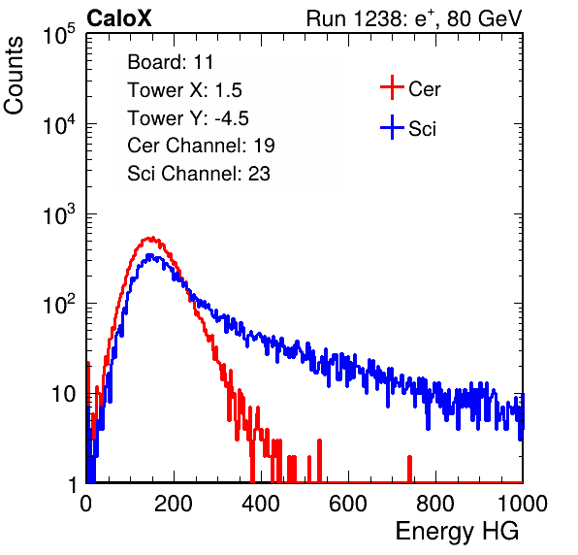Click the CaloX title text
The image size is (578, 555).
pyautogui.click(x=118, y=18)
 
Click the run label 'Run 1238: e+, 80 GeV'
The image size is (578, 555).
pyautogui.click(x=414, y=18)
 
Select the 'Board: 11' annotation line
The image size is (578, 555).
pyautogui.click(x=171, y=62)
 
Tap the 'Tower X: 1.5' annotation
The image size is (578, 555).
pyautogui.click(x=184, y=90)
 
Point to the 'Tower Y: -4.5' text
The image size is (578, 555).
pyautogui.click(x=188, y=118)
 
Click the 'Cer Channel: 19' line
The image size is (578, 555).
pyautogui.click(x=201, y=146)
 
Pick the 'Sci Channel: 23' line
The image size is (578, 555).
pyautogui.click(x=199, y=174)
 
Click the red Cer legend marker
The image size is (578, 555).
pyautogui.click(x=392, y=87)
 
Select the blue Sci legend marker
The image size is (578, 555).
pyautogui.click(x=392, y=128)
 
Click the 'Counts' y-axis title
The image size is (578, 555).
pyautogui.click(x=14, y=76)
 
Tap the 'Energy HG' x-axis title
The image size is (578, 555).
pyautogui.click(x=457, y=532)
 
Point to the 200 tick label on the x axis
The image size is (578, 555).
pyautogui.click(x=174, y=504)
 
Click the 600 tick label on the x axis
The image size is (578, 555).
pyautogui.click(x=348, y=504)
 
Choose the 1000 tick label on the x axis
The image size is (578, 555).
pyautogui.click(x=523, y=504)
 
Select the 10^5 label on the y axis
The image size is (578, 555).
pyautogui.click(x=59, y=35)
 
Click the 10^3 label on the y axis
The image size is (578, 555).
pyautogui.click(x=59, y=215)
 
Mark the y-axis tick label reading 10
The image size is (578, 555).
pyautogui.click(x=64, y=395)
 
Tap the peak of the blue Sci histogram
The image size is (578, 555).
pyautogui.click(x=149, y=255)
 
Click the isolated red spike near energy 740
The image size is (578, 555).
pyautogui.click(x=409, y=469)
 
